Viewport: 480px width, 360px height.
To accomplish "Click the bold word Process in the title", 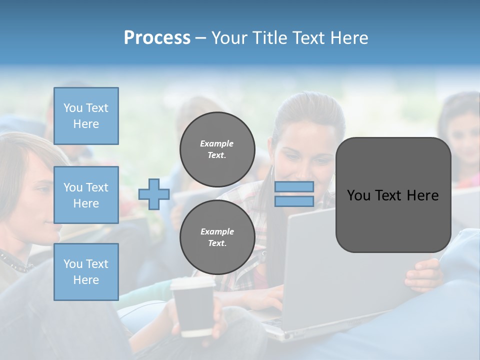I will pos(157,38).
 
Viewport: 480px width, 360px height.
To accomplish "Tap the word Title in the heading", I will pos(268,38).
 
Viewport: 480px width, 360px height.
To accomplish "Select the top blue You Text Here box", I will pos(86,116).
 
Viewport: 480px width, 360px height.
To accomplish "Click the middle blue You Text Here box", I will pos(86,195).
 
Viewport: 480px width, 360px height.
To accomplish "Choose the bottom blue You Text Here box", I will pos(86,271).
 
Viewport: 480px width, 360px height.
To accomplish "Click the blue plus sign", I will pos(154,194).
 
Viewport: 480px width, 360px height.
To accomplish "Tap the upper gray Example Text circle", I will pos(217,149).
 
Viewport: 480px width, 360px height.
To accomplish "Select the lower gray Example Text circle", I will pos(217,237).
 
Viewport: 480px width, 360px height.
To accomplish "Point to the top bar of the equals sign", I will pos(294,186).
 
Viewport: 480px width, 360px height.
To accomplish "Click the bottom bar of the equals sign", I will pos(294,201).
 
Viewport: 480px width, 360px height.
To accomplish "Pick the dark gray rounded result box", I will pos(393,195).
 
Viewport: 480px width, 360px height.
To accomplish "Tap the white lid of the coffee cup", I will pos(192,283).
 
